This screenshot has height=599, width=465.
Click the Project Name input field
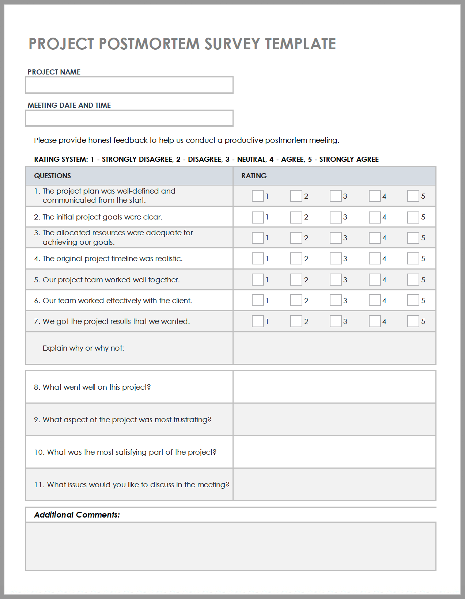(x=129, y=85)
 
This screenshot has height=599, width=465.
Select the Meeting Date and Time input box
(x=129, y=118)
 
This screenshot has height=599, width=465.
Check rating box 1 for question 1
(x=258, y=196)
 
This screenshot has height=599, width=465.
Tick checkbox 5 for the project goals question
(x=413, y=217)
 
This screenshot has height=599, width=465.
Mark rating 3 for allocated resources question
(x=335, y=238)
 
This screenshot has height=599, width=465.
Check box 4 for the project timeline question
(x=374, y=259)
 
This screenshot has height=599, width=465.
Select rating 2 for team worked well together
(x=296, y=280)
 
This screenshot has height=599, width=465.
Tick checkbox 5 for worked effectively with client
(x=413, y=301)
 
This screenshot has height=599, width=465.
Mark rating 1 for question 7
(x=258, y=321)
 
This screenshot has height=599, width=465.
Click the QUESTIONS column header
(x=53, y=176)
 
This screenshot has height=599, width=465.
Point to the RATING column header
(x=254, y=176)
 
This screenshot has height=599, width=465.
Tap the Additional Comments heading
(x=77, y=515)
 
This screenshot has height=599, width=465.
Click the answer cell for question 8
(x=334, y=387)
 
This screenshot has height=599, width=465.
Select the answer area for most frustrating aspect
(x=334, y=420)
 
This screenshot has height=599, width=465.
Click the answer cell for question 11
(x=334, y=485)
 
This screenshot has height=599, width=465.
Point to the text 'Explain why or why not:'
(x=83, y=348)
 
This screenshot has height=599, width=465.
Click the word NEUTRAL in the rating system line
(x=252, y=159)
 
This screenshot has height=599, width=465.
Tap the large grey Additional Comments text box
(x=231, y=546)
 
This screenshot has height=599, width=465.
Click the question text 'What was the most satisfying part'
(x=132, y=452)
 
